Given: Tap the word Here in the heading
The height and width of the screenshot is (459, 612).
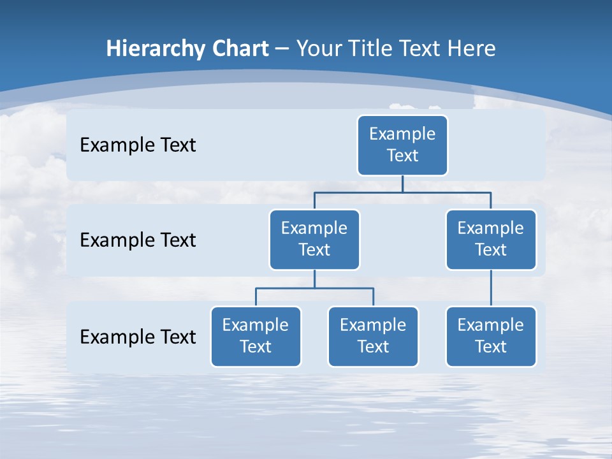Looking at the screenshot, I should pyautogui.click(x=470, y=49).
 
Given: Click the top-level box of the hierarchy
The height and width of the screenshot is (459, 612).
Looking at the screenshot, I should pyautogui.click(x=402, y=145).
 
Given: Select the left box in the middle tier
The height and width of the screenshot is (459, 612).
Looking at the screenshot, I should pyautogui.click(x=314, y=240).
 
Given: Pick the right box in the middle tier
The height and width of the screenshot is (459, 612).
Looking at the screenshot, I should pyautogui.click(x=491, y=240).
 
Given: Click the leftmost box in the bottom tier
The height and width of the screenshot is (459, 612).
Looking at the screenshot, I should pyautogui.click(x=256, y=337).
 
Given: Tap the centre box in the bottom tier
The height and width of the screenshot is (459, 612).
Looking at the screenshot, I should pyautogui.click(x=373, y=337).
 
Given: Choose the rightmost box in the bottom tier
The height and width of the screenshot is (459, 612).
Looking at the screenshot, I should pyautogui.click(x=491, y=337).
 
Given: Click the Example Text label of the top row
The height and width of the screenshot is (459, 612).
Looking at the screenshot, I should pyautogui.click(x=138, y=145).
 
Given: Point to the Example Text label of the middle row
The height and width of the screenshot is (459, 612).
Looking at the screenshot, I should pyautogui.click(x=138, y=240).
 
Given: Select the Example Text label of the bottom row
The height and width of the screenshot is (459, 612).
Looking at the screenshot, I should pyautogui.click(x=138, y=337).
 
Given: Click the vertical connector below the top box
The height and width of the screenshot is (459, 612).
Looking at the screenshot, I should pyautogui.click(x=402, y=184).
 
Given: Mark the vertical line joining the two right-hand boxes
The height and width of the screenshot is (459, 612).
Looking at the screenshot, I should pyautogui.click(x=491, y=288).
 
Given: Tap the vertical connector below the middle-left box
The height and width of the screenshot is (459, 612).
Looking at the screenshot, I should pyautogui.click(x=314, y=279).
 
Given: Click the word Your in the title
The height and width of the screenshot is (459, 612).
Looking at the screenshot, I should pyautogui.click(x=318, y=49).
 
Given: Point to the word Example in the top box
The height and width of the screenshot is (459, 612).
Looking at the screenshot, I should pyautogui.click(x=402, y=134).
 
